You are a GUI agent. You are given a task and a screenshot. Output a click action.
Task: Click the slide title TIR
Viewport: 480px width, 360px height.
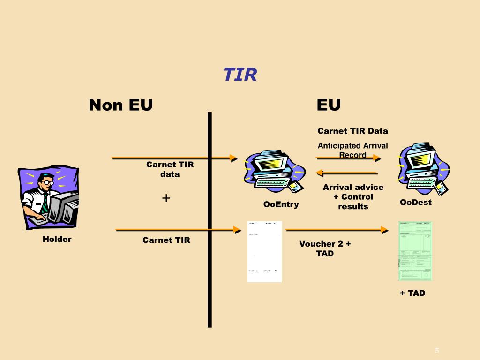point(240,75)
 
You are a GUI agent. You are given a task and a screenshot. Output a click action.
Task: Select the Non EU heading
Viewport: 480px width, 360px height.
point(120,105)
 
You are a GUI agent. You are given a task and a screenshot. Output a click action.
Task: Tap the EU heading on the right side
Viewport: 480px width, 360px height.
point(328,105)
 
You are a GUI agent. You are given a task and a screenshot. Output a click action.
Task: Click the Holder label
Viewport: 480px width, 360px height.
point(57,239)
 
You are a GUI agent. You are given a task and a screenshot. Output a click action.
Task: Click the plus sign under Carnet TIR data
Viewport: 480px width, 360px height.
point(166,198)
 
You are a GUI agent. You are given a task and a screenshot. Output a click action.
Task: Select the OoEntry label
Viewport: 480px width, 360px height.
point(281,204)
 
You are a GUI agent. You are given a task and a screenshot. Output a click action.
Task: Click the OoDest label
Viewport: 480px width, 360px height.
point(415,202)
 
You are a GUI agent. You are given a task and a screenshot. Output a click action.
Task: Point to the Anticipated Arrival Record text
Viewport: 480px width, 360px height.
point(352,150)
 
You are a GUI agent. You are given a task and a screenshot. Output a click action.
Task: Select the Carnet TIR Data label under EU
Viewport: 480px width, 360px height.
point(352,131)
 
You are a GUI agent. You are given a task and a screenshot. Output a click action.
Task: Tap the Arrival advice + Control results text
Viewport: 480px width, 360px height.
point(353,197)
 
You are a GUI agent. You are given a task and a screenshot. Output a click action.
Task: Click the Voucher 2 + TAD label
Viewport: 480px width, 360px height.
point(325,248)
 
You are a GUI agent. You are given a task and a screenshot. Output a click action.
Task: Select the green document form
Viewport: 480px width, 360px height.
point(415,251)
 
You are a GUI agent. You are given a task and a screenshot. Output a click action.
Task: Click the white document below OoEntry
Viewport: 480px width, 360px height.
point(264,252)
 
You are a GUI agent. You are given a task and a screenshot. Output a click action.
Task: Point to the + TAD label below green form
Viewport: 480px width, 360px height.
point(412,293)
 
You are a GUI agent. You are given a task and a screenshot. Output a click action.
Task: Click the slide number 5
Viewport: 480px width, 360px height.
point(437,351)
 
